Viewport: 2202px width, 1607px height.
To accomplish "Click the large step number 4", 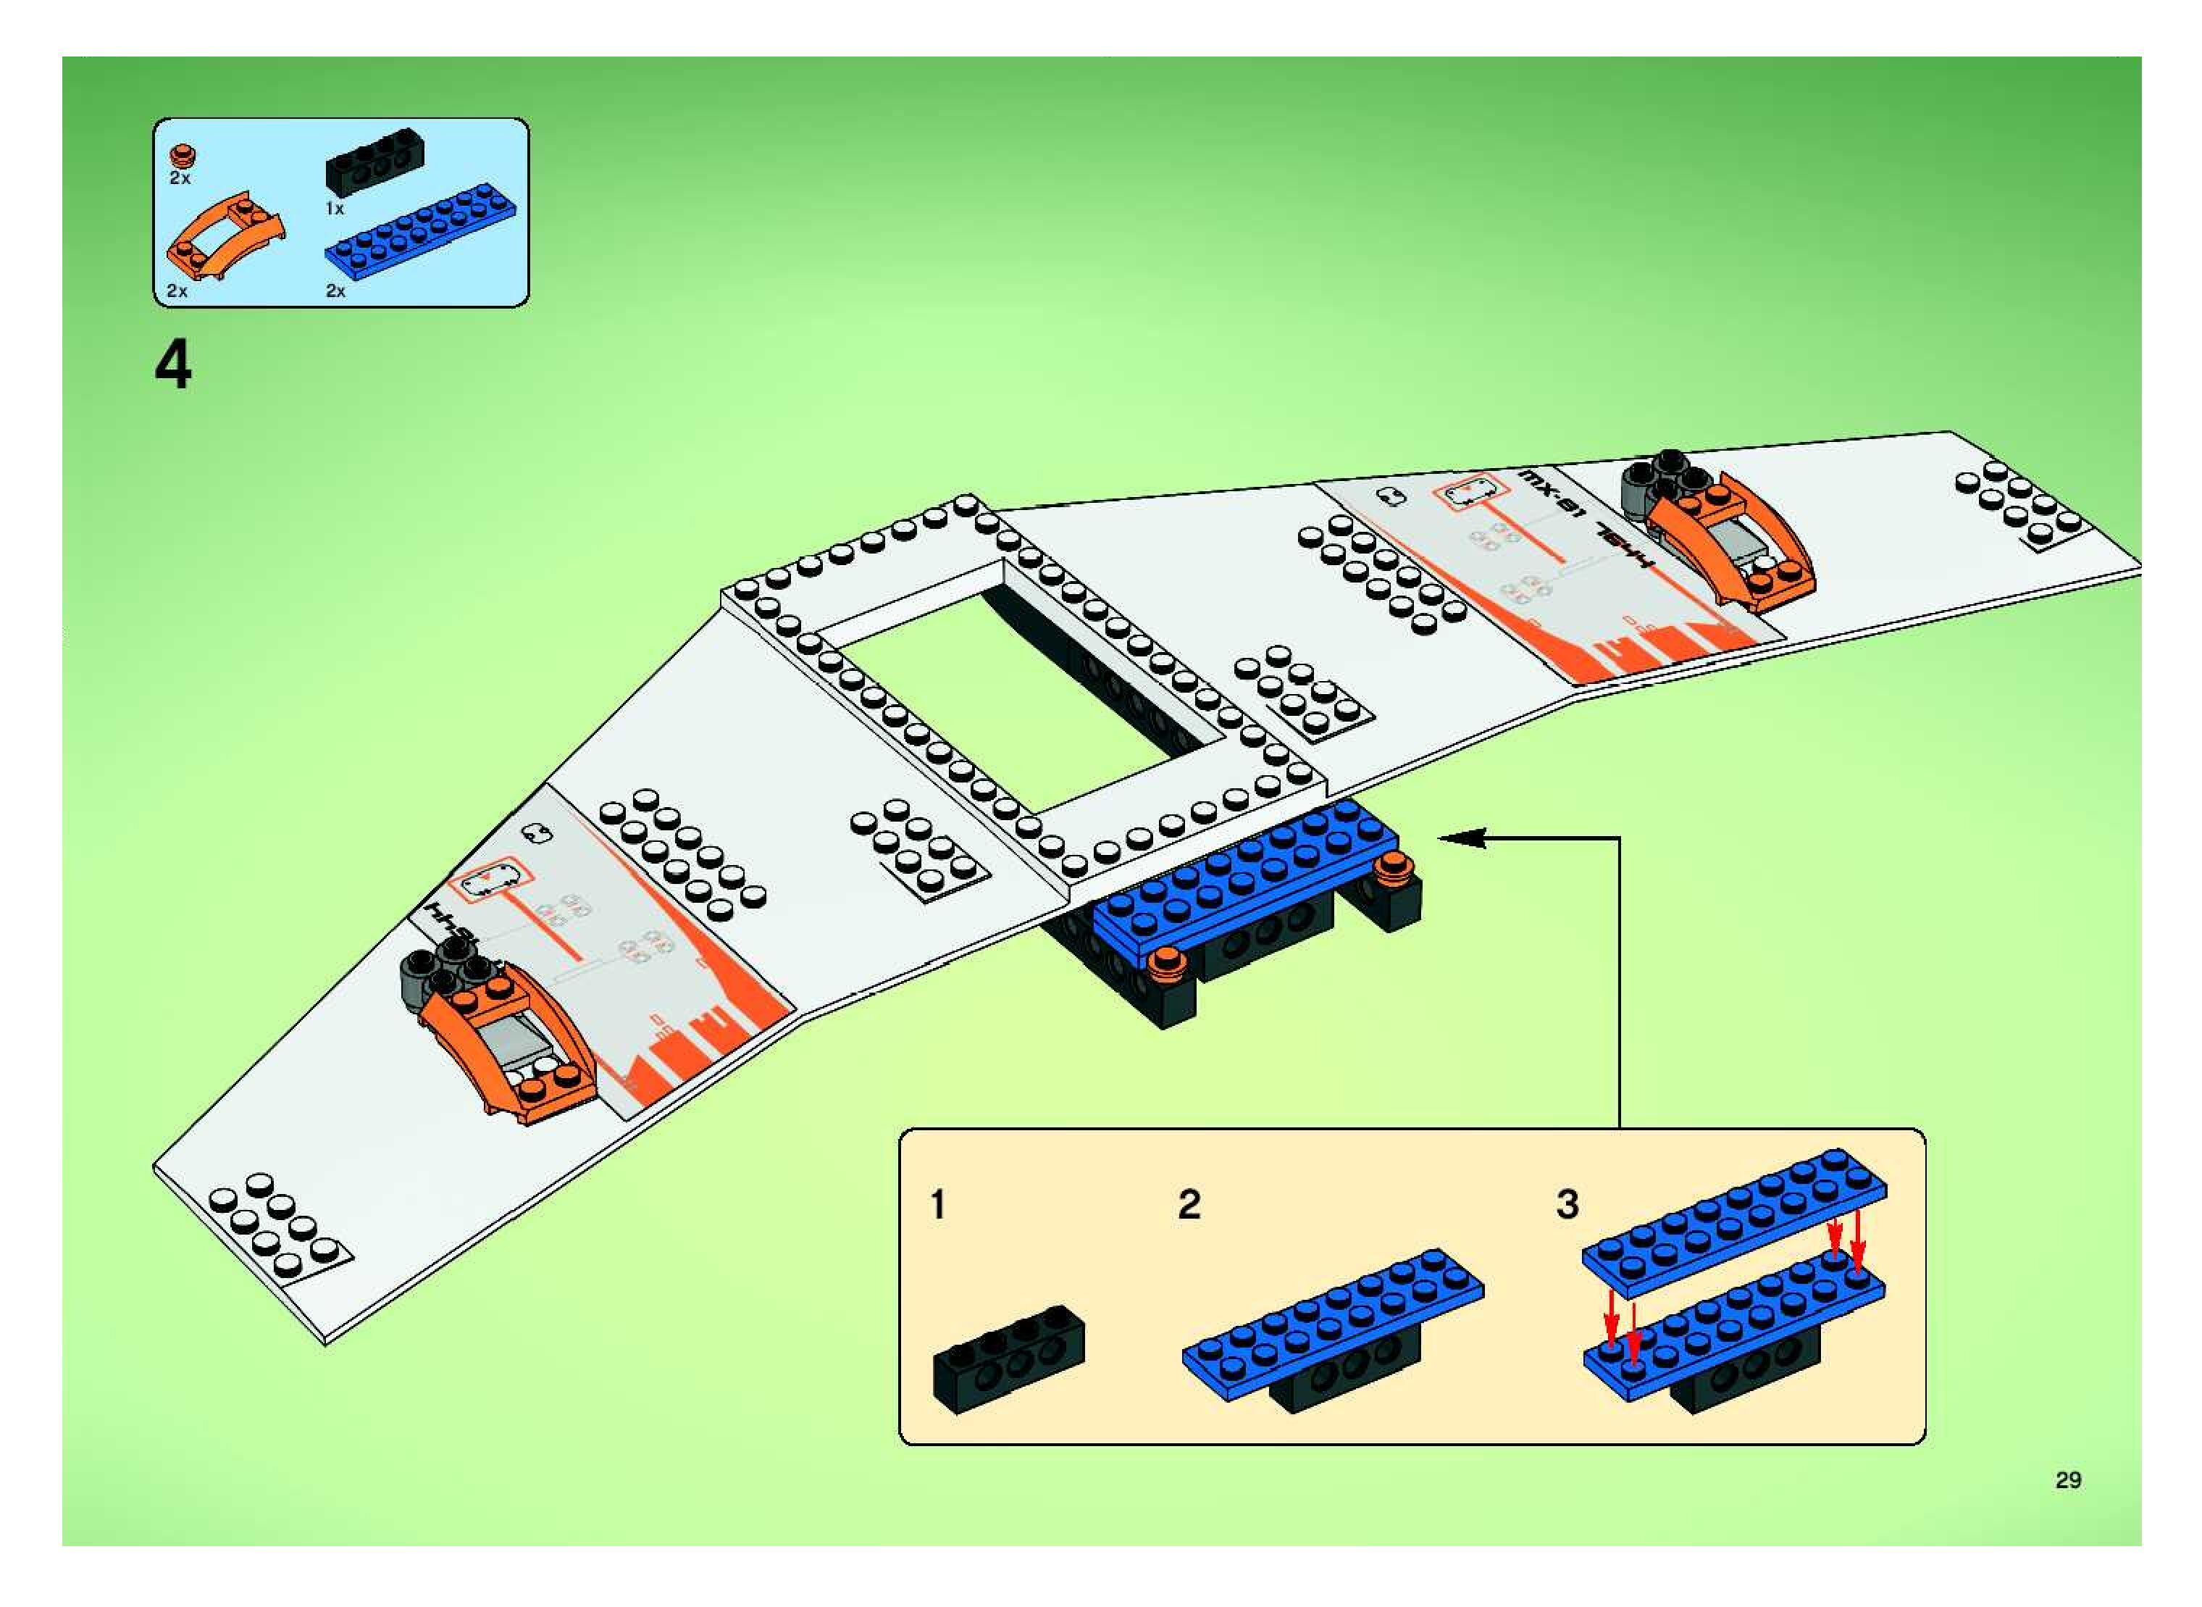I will coord(173,369).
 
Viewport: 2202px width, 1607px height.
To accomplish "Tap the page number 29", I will coord(2068,1479).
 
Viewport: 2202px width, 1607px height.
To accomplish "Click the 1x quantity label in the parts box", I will coord(335,208).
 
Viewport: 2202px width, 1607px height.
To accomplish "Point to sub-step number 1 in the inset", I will coord(937,1204).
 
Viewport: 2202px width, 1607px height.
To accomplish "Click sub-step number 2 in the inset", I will coord(1189,1204).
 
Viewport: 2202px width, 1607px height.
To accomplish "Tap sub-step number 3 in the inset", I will coord(1567,1204).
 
